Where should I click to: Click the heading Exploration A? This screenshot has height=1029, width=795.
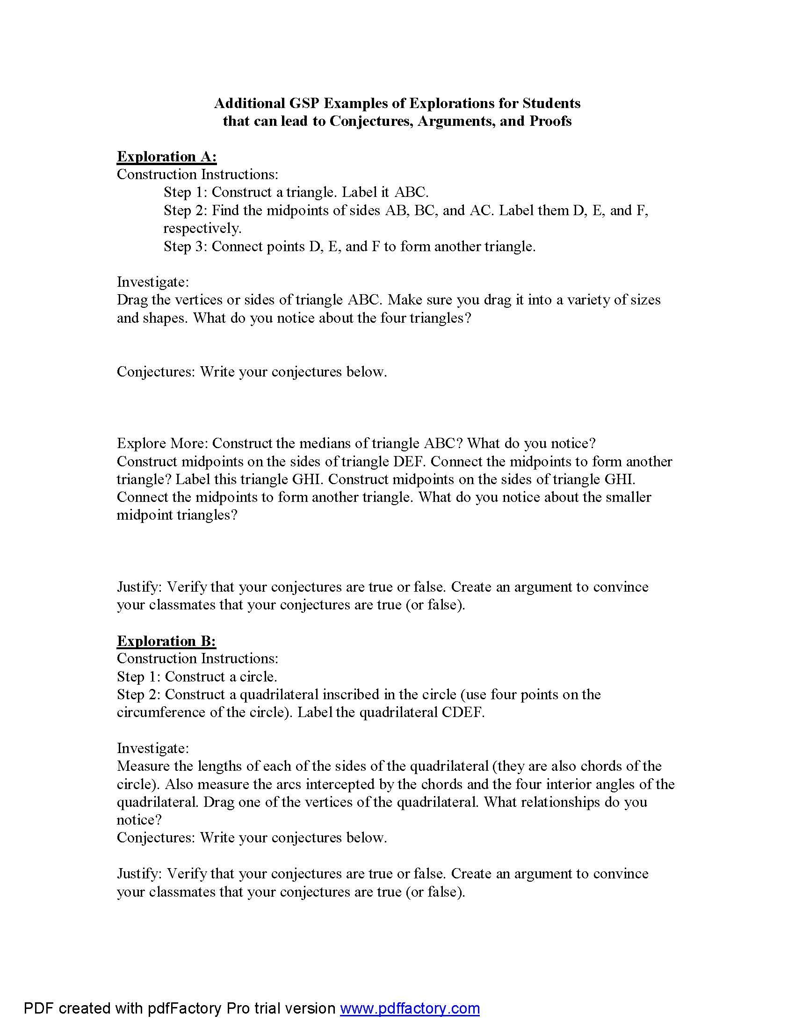coord(167,156)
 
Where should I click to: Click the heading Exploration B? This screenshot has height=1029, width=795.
coord(166,641)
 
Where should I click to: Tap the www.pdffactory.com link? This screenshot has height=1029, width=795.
coord(410,1008)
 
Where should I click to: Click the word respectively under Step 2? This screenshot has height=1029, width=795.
coord(202,229)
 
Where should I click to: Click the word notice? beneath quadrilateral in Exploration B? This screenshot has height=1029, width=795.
coord(139,820)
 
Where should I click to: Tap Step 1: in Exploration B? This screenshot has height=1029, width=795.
coord(139,677)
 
